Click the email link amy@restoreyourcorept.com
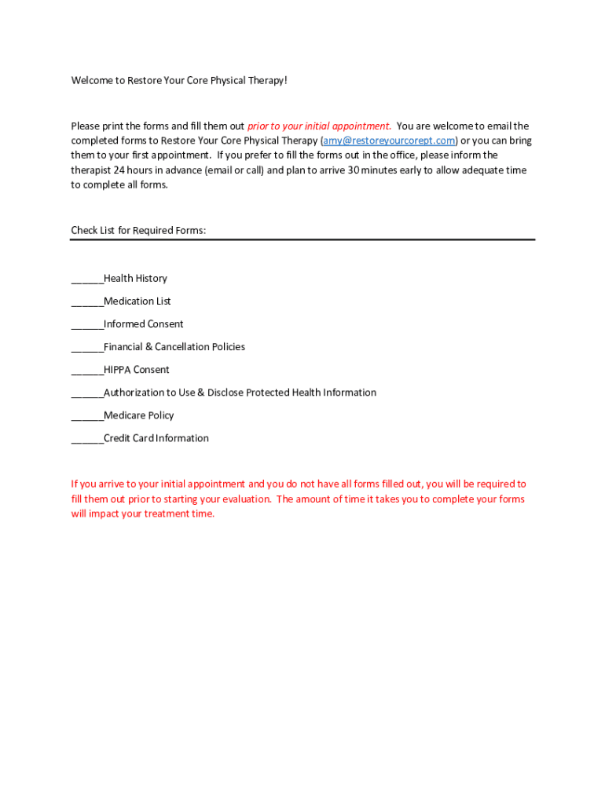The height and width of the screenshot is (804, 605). point(389,141)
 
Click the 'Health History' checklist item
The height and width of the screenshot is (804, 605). point(135,279)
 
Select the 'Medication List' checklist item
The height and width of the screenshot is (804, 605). point(137,301)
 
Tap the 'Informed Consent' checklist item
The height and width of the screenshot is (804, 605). point(143,324)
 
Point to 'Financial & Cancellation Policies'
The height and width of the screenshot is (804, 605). point(174,347)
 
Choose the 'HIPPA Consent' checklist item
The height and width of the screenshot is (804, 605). point(136,370)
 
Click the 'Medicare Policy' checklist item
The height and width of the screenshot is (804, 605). point(138,415)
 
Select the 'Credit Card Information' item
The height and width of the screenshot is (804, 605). point(156,438)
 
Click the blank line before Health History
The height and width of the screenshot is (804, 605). point(86,280)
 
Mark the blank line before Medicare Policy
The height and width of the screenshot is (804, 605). point(86,417)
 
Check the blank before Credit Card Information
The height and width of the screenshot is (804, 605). point(86,440)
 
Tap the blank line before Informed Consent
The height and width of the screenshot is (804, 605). point(86,326)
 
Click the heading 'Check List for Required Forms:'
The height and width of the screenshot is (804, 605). point(138,231)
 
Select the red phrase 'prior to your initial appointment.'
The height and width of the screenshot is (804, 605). point(319,126)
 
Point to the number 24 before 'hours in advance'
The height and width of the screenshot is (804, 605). point(119,170)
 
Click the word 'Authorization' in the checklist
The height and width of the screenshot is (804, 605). point(133,393)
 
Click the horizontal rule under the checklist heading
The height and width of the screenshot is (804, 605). point(302,239)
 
